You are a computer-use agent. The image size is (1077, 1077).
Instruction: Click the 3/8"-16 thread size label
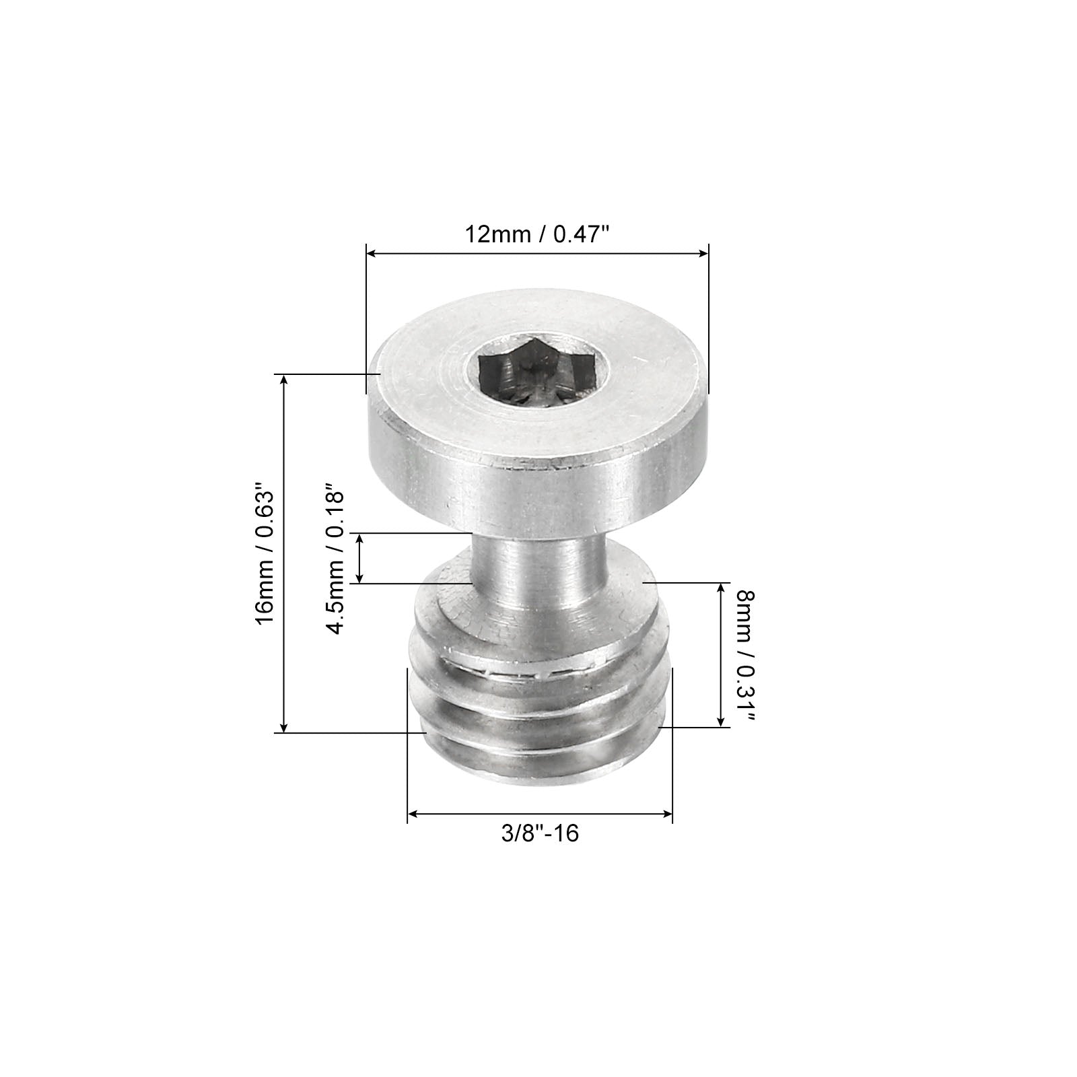(x=540, y=833)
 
